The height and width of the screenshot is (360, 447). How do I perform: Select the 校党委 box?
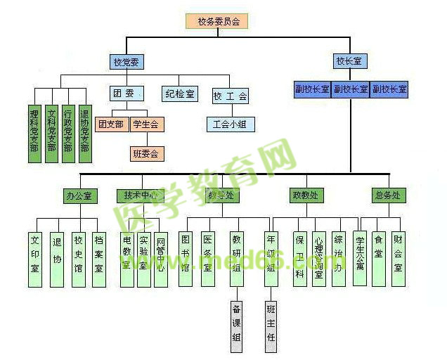coord(127,62)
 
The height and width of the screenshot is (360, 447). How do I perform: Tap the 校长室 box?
coord(349,62)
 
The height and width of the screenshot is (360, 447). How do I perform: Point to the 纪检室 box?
coord(181,94)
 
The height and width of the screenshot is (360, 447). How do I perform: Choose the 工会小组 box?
coord(231,124)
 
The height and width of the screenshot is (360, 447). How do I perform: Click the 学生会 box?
coord(146,124)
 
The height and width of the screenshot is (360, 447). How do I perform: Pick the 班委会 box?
coord(146,152)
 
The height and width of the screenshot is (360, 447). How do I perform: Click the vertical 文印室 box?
coord(36,259)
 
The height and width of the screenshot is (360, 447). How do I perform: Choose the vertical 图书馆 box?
coord(186,259)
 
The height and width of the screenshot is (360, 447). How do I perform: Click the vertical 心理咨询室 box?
coord(319,259)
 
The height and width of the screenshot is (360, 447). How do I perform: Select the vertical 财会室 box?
coord(399,259)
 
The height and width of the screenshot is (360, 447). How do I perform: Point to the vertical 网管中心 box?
coord(161,259)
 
